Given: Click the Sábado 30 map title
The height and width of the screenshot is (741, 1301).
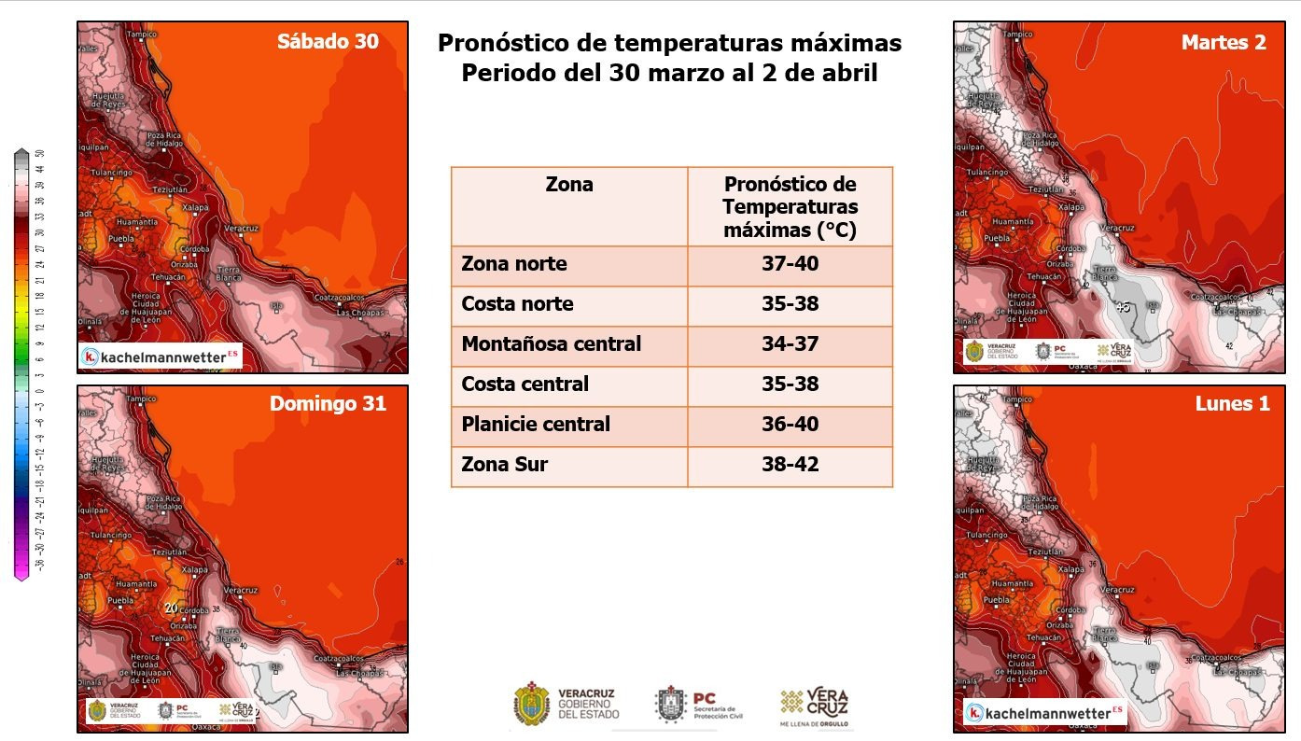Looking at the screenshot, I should point(328,42).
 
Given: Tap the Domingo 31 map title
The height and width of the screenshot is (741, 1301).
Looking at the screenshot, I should point(328,404).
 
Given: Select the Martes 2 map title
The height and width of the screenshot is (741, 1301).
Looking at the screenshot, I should point(1223,43).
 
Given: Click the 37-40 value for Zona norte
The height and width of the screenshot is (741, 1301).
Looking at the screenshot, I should point(790,264).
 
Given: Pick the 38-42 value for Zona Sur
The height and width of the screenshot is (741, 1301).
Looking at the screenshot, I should point(790,464).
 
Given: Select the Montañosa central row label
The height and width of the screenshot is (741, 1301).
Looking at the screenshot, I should point(551,343).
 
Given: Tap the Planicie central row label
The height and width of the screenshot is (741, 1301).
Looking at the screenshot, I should point(535,424).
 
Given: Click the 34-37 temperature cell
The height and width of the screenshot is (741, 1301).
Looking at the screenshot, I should point(790,343).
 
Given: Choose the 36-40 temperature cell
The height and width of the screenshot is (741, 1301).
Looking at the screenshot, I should point(790,424).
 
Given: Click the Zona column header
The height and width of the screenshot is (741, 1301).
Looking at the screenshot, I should point(568,185).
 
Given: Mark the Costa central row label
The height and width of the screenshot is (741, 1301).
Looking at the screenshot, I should point(525,384).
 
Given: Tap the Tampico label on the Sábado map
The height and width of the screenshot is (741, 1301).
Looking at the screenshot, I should point(141,35).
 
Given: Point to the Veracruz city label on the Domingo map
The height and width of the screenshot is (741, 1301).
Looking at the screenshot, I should point(241,590).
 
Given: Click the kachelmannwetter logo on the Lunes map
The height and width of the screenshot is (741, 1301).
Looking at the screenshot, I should point(1045,713).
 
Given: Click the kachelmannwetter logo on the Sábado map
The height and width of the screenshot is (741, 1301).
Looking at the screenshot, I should point(161,356).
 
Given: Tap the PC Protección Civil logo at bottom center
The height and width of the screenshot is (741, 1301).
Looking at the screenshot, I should point(700,705).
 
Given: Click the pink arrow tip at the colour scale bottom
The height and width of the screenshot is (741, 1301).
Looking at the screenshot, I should point(21,577).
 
